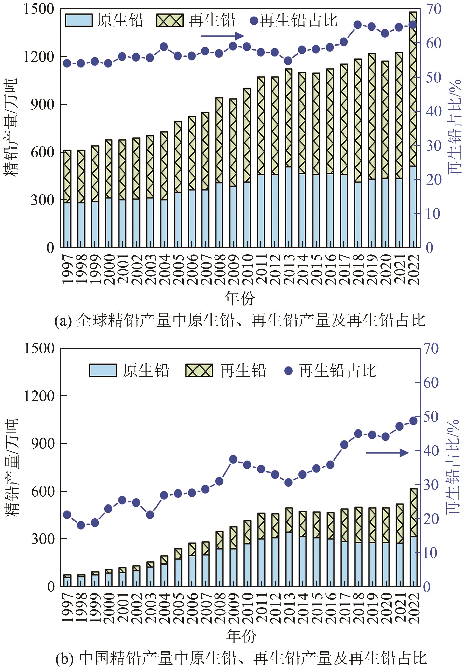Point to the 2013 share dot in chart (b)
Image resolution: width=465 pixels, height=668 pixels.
tap(288, 482)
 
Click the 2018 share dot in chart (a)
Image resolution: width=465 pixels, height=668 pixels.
tap(358, 25)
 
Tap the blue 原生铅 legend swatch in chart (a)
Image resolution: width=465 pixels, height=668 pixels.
tap(79, 20)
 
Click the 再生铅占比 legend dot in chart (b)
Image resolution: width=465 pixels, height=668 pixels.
tap(288, 371)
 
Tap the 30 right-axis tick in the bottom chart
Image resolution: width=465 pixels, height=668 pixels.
tap(431, 485)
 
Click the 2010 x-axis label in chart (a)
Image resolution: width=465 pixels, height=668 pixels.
tap(247, 269)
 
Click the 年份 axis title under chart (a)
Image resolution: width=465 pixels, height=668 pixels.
tap(239, 299)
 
